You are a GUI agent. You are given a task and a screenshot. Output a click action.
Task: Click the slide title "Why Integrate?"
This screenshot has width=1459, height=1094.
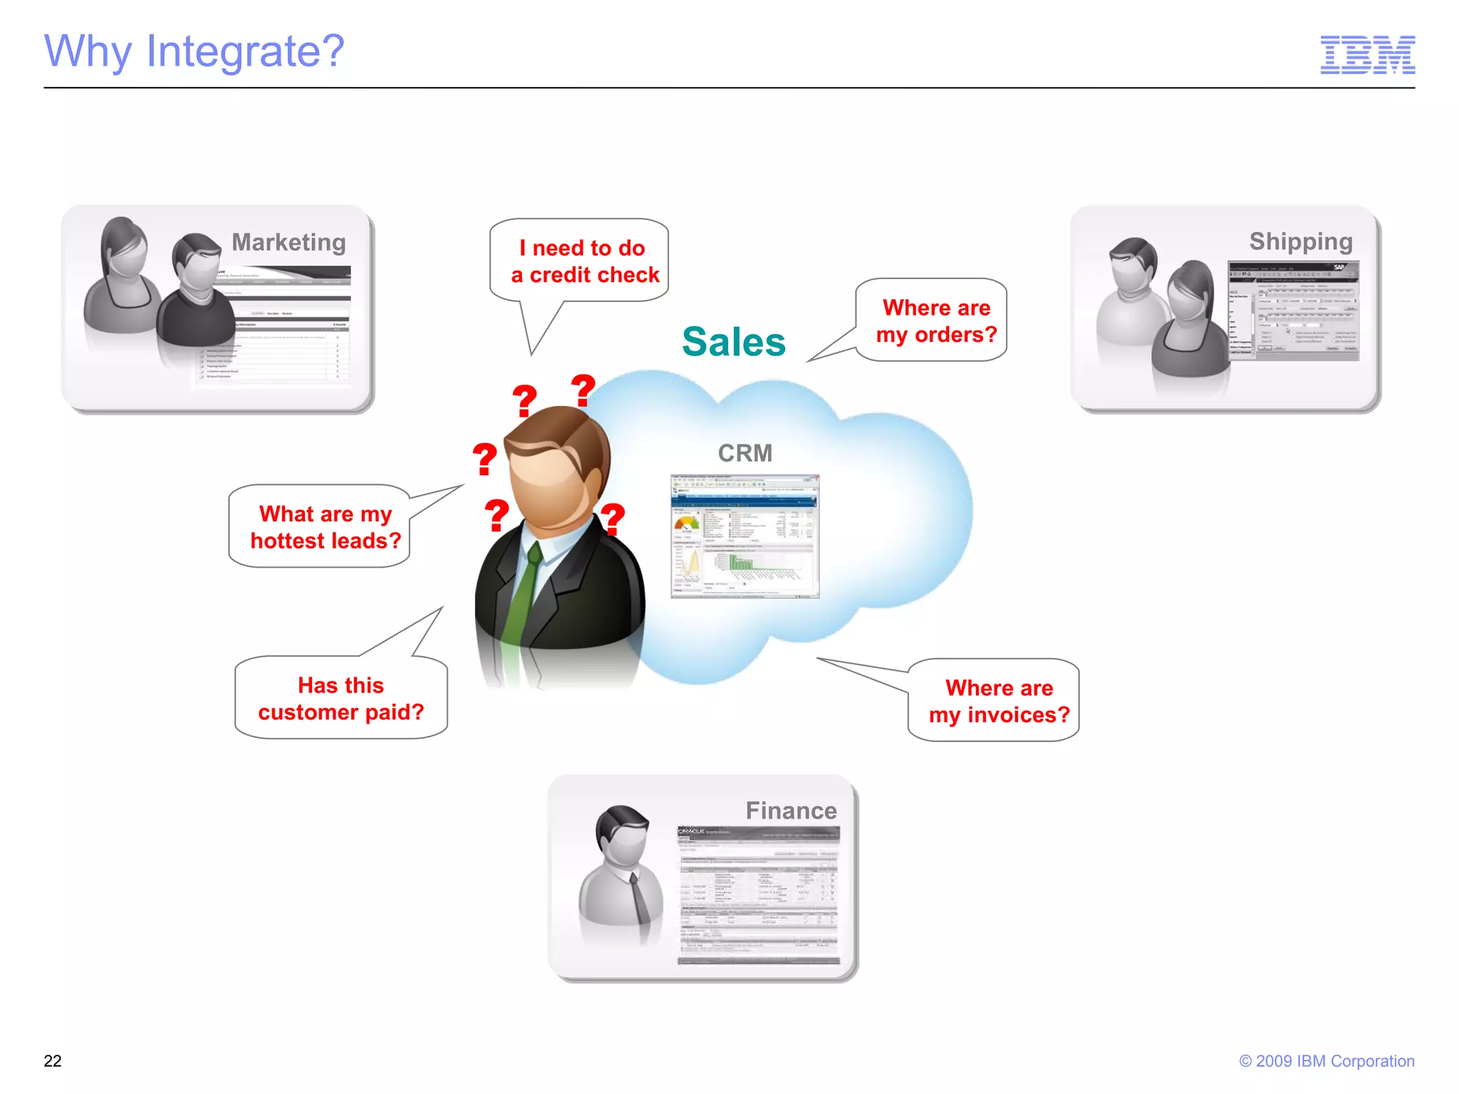click(x=194, y=51)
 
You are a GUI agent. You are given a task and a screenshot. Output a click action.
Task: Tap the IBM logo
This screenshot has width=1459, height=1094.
click(x=1367, y=55)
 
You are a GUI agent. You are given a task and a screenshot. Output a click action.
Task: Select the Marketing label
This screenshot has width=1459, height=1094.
click(x=289, y=242)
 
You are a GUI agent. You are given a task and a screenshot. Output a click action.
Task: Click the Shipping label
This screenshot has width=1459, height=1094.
click(x=1300, y=241)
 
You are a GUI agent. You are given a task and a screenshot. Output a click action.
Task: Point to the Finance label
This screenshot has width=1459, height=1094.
click(x=791, y=811)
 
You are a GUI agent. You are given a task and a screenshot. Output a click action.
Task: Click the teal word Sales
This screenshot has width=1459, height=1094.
click(x=733, y=342)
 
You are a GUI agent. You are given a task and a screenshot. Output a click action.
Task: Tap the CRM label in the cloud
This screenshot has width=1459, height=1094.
click(x=744, y=453)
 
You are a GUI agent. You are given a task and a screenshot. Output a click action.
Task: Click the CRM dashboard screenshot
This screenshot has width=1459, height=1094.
click(x=744, y=536)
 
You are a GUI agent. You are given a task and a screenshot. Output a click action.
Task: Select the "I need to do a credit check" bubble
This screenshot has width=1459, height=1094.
click(x=584, y=261)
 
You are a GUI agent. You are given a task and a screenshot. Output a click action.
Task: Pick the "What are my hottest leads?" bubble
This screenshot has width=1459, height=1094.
click(x=325, y=527)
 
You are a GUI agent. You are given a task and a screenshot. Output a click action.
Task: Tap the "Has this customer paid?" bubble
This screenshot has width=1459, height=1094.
click(x=341, y=699)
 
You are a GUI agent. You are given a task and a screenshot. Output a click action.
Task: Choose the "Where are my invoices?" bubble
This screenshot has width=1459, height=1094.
click(x=998, y=702)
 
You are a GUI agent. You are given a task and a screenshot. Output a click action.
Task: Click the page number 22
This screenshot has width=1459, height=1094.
click(x=53, y=1061)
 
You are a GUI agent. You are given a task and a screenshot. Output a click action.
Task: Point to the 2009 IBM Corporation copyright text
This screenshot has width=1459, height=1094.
click(x=1326, y=1061)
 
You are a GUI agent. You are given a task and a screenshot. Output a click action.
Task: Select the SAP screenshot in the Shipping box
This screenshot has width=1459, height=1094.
click(x=1293, y=311)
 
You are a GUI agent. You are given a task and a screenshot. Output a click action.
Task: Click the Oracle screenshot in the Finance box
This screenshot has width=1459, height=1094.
click(x=758, y=895)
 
